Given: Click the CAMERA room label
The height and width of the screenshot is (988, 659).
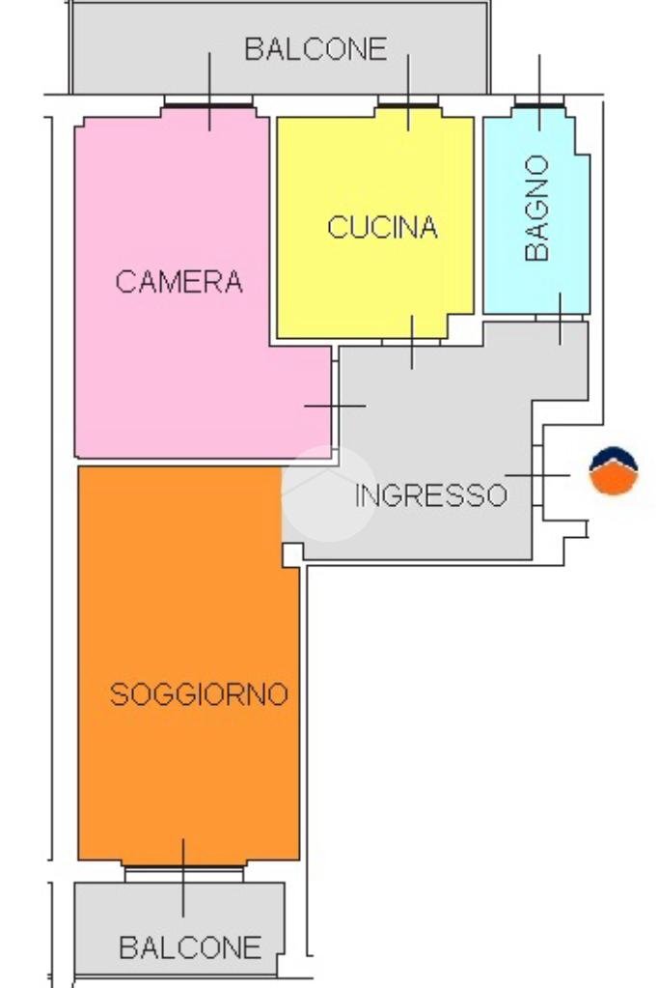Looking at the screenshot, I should [178, 282].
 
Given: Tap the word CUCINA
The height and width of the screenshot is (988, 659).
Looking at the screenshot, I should [382, 228].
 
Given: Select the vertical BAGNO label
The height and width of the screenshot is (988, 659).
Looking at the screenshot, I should [537, 208].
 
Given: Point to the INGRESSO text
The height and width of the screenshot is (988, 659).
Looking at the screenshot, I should [430, 495].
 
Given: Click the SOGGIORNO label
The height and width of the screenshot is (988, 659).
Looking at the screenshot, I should [199, 694].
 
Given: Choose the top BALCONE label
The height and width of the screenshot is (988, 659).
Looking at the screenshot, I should [315, 49].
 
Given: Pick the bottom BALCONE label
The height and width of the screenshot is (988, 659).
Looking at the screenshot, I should [190, 947].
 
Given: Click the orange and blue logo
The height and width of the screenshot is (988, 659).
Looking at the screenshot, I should [614, 471].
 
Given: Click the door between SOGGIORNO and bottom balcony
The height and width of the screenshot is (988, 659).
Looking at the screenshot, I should [183, 872].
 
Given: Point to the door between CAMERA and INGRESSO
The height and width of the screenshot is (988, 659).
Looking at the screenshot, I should [334, 407].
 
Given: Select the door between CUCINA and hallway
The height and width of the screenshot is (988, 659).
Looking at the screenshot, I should [412, 341].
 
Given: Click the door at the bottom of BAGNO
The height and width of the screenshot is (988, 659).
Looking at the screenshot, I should [560, 318].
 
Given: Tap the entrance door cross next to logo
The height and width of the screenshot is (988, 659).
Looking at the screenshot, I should [538, 475].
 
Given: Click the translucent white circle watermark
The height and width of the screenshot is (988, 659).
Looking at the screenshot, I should [329, 494].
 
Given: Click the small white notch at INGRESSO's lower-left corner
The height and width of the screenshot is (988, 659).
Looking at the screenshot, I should [290, 554].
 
